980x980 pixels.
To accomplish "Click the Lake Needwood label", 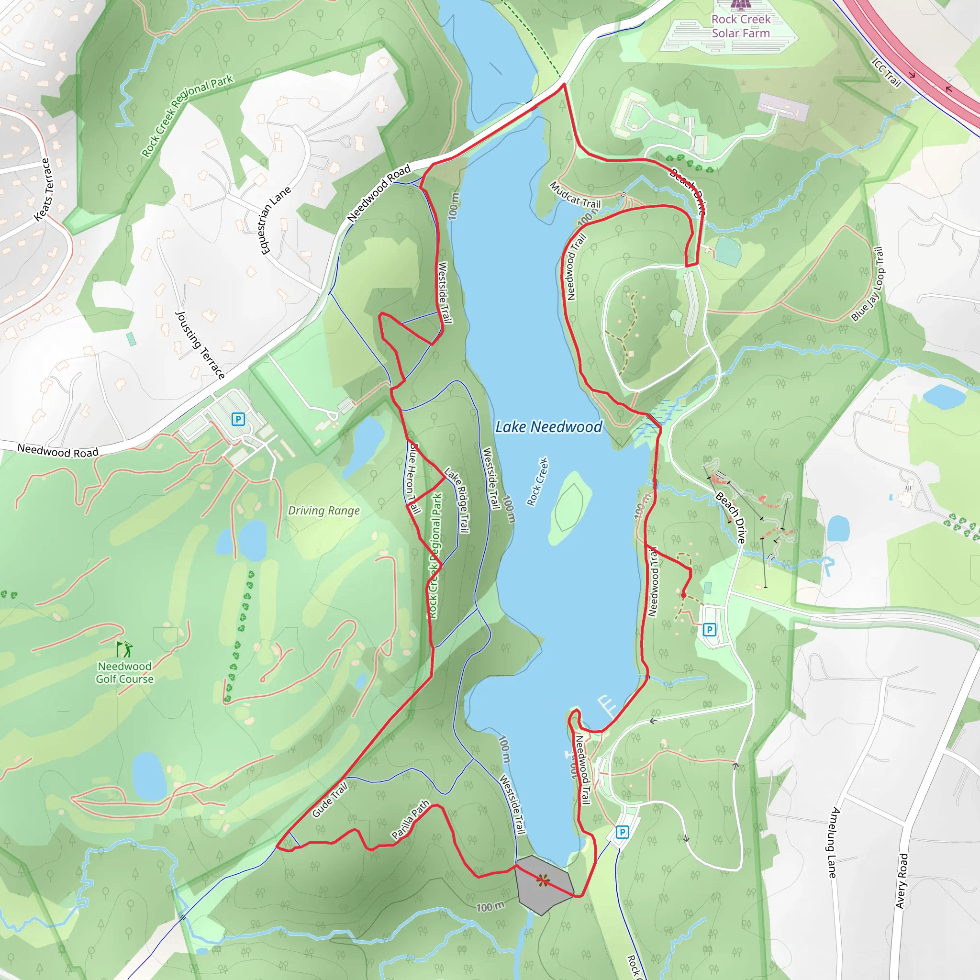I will pos(548,427).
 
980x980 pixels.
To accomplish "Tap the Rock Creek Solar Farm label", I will pos(741,26).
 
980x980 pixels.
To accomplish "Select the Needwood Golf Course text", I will pos(125,673).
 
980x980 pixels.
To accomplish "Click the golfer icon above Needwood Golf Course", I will pos(124,649).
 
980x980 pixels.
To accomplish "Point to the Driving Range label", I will pos(323,511).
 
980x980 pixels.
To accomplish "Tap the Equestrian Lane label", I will pos(275,220).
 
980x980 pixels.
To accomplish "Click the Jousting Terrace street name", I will pos(200,345).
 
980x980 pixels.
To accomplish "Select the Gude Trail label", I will pos(330,800).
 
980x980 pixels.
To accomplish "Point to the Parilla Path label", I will pos(411,820).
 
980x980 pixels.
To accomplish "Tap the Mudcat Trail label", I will pos(575,195).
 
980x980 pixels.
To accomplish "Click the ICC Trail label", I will pos(886,73).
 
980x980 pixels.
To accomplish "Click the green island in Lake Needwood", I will pos(571,507).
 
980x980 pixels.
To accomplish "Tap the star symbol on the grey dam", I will pos(543,880).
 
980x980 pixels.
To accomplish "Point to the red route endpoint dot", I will pos(684,595).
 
